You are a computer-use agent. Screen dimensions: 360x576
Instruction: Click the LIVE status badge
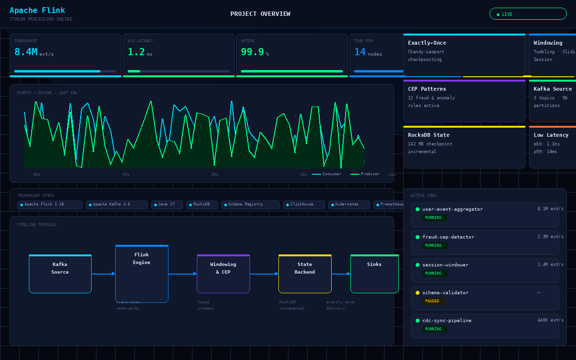point(528,14)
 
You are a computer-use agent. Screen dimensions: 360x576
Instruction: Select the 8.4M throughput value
point(26,52)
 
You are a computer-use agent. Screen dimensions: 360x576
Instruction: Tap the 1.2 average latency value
point(136,52)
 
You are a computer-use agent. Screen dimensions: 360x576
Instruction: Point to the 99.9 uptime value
point(252,52)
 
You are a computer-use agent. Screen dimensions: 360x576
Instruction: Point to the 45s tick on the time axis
point(126,175)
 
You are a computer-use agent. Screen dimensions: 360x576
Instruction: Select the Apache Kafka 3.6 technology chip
point(117,204)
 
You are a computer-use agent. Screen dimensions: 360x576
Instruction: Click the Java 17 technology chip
point(167,204)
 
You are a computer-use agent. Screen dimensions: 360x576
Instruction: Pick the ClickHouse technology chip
point(303,204)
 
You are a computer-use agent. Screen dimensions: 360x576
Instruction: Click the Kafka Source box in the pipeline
point(60,274)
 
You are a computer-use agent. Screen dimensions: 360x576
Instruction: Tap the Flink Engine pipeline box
point(142,274)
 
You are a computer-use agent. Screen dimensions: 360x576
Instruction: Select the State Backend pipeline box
point(305,274)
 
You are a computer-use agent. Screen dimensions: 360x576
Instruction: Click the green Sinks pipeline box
point(374,274)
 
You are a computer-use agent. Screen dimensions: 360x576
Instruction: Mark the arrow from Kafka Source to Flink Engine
point(103,274)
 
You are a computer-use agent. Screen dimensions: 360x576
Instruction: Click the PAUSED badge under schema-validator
point(432,301)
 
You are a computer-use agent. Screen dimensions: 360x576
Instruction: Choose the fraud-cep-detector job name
point(448,237)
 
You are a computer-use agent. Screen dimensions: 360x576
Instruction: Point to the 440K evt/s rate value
point(550,320)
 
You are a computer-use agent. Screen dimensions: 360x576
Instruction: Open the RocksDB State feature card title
point(429,135)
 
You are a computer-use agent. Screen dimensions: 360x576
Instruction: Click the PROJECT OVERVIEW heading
point(260,14)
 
